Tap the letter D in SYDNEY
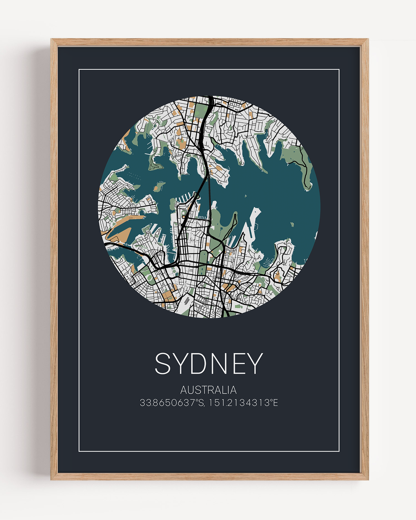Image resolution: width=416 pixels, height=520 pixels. coord(203,363)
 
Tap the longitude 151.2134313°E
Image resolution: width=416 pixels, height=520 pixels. coord(243,403)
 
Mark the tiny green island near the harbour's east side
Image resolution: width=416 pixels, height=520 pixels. coord(292,224)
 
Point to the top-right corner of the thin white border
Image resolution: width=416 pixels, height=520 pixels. coord(339,69)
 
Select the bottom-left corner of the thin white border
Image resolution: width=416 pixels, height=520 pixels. coord(79,451)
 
